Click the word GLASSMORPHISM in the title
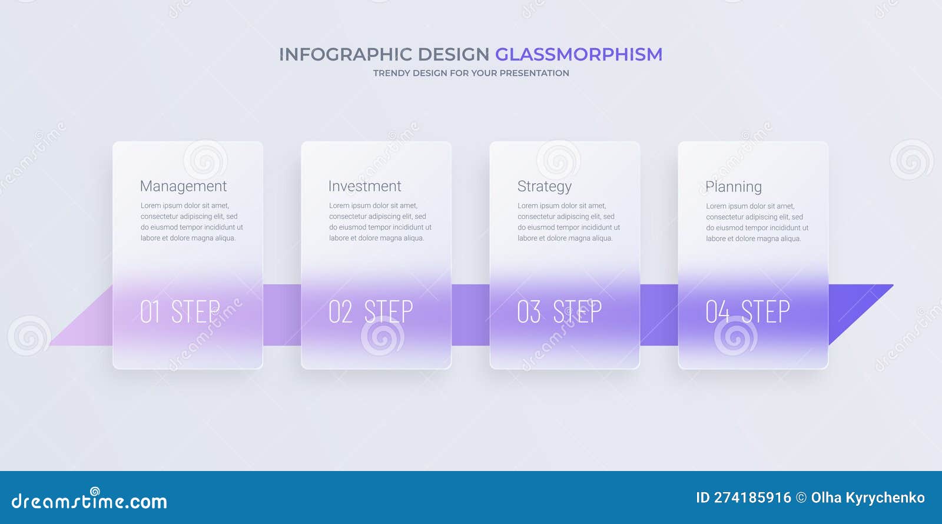[578, 54]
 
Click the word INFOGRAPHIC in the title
[345, 54]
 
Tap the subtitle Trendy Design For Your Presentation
[471, 73]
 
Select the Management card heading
[183, 187]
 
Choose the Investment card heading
[364, 187]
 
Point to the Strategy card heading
[544, 187]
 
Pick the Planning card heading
[733, 187]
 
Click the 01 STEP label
[180, 311]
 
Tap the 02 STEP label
[370, 311]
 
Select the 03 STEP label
[559, 311]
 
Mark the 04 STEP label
[747, 311]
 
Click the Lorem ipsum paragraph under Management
[191, 222]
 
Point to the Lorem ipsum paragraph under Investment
[380, 222]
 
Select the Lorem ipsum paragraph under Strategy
[568, 222]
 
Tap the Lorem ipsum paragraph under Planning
[757, 223]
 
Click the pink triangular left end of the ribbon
[88, 327]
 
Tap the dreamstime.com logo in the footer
[89, 500]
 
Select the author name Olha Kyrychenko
[867, 498]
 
